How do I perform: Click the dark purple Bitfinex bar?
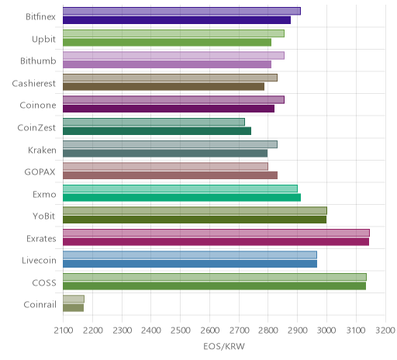[177, 20]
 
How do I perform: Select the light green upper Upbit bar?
[174, 33]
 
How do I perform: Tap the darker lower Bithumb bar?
[167, 64]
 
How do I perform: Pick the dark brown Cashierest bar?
[164, 87]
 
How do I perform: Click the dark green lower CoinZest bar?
[157, 131]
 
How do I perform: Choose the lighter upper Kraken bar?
[170, 144]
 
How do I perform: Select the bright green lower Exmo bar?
[181, 198]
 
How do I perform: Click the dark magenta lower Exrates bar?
[216, 242]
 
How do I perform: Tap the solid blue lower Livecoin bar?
[190, 264]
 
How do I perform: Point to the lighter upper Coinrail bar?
[74, 299]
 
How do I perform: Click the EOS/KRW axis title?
[224, 347]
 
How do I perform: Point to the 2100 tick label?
[64, 331]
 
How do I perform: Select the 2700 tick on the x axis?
[239, 331]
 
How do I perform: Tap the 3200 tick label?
[385, 331]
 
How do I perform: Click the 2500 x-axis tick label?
[181, 331]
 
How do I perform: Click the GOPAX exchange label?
[40, 172]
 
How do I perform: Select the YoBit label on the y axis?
[44, 216]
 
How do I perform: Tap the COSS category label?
[44, 282]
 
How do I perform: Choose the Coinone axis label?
[38, 106]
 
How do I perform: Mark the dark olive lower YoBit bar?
[195, 220]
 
